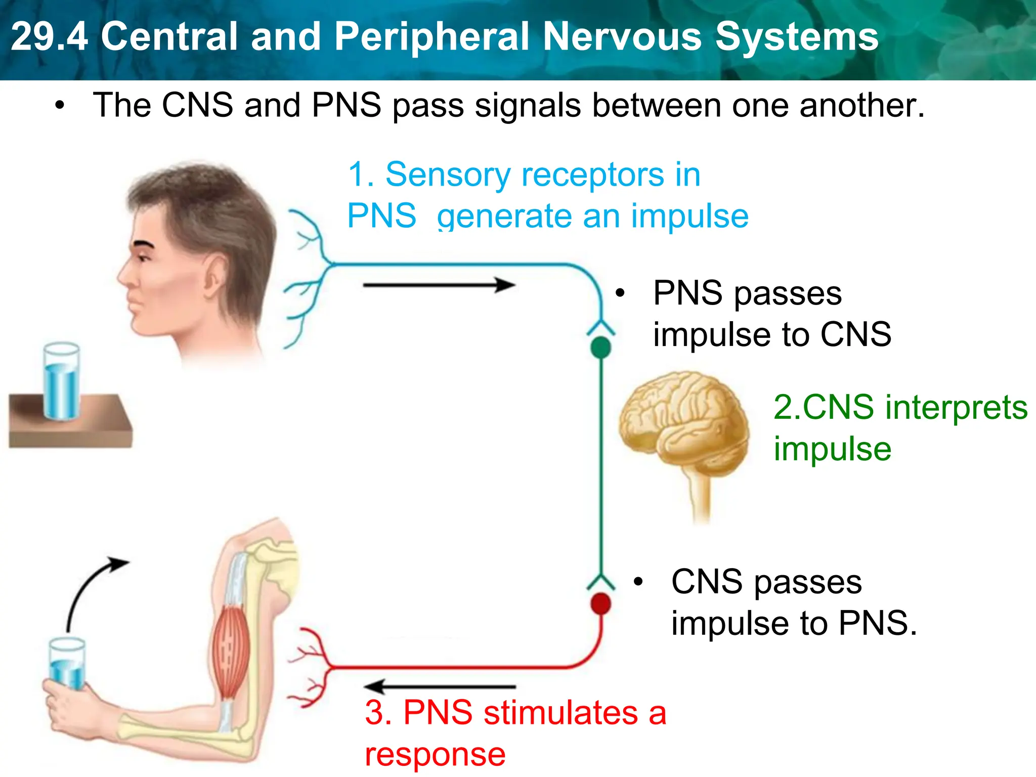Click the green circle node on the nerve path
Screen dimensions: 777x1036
600,348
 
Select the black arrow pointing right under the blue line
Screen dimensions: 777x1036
439,285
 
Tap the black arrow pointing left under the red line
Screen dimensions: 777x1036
439,686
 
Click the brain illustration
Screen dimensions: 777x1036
683,425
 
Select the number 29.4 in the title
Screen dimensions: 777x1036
49,36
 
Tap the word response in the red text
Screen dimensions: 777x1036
435,754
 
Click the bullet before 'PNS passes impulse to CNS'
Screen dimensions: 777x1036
620,293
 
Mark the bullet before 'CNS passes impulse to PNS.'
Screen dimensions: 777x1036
638,582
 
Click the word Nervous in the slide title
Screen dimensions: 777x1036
622,36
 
